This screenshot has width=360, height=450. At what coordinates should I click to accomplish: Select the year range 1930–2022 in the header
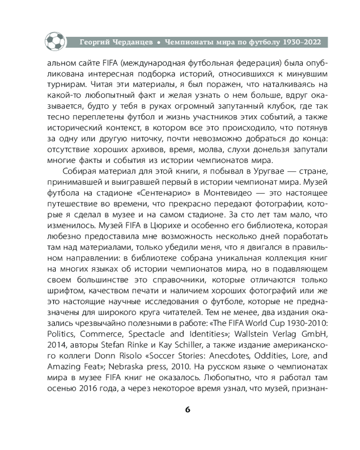click(x=298, y=42)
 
